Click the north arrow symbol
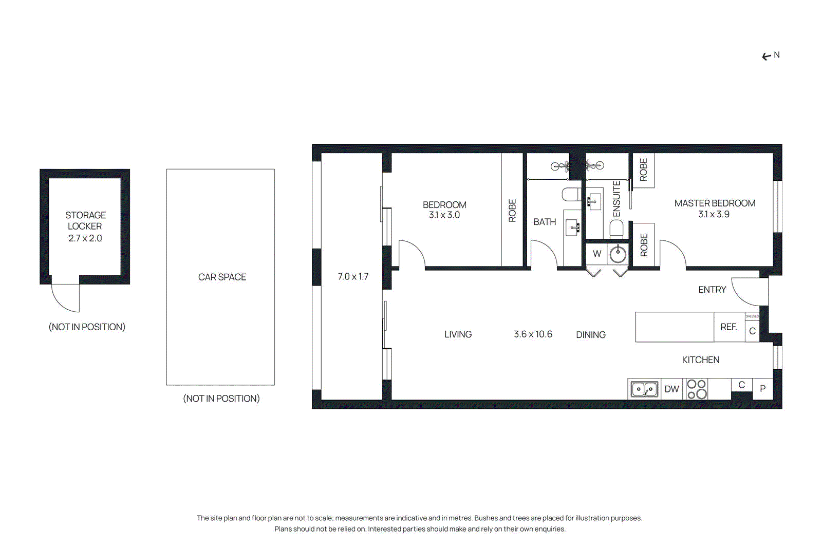point(767,56)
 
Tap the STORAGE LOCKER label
point(85,220)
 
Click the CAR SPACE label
point(222,277)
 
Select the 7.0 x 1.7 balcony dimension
point(353,277)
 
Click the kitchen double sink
point(644,389)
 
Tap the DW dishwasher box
point(671,389)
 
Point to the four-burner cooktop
point(697,389)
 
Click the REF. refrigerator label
point(728,327)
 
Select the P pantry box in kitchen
point(762,389)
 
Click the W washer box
point(596,254)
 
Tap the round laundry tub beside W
point(618,254)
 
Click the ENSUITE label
point(616,199)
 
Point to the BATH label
point(545,222)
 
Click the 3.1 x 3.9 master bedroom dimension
point(714,215)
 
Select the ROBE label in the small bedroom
point(512,211)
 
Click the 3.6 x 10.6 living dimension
point(533,334)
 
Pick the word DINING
point(591,335)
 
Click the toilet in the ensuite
point(616,229)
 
